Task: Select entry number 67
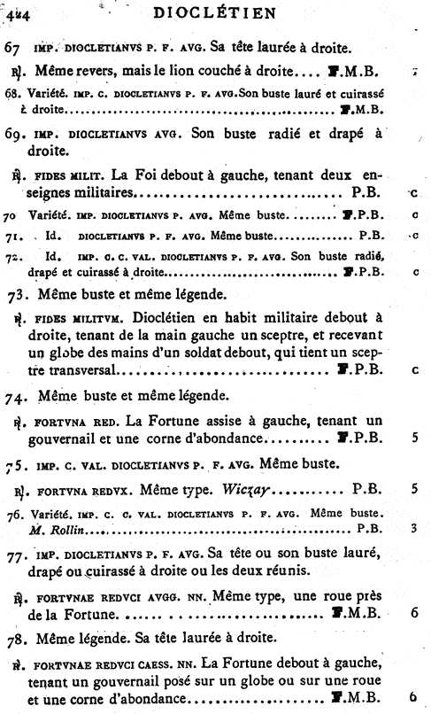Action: (x=12, y=46)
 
